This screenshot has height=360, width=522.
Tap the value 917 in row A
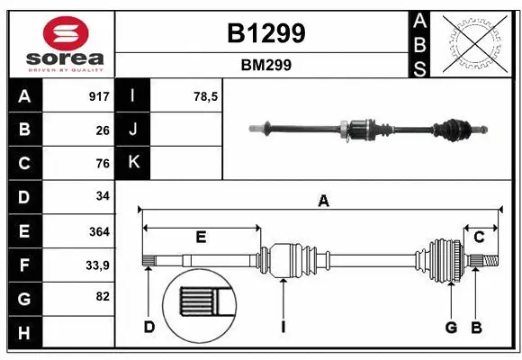pyautogui.click(x=98, y=96)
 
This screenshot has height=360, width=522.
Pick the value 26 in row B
pyautogui.click(x=102, y=130)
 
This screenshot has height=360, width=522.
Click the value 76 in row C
pyautogui.click(x=102, y=163)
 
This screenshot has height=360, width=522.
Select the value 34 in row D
pyautogui.click(x=102, y=196)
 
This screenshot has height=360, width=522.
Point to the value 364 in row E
pyautogui.click(x=98, y=231)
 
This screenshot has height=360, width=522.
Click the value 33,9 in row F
pyautogui.click(x=96, y=265)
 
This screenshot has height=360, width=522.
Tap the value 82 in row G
pyautogui.click(x=102, y=297)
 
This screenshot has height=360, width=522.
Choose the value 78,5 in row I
pyautogui.click(x=206, y=96)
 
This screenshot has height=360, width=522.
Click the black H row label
pyautogui.click(x=23, y=333)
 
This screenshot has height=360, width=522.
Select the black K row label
pyautogui.click(x=133, y=163)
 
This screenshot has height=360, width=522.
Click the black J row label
pyautogui.click(x=133, y=130)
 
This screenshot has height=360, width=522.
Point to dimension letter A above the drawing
pyautogui.click(x=323, y=202)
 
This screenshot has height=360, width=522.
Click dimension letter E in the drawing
pyautogui.click(x=201, y=237)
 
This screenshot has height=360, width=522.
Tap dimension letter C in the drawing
pyautogui.click(x=479, y=237)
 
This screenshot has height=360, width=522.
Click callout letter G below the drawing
pyautogui.click(x=451, y=327)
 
